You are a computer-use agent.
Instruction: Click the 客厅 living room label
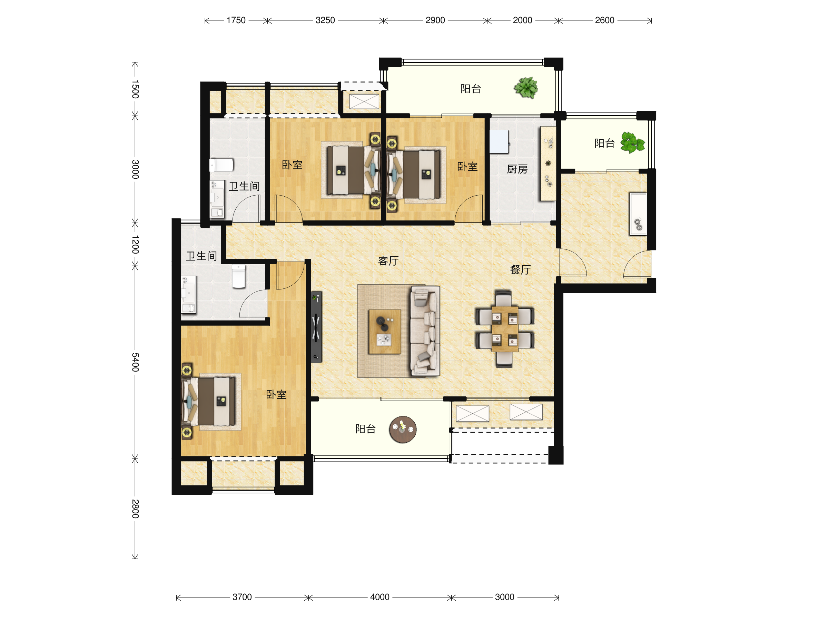coord(388,261)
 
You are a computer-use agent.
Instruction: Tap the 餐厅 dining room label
coord(520,269)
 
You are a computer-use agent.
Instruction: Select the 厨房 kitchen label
coord(517,169)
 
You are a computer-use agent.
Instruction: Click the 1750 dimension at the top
coord(236,20)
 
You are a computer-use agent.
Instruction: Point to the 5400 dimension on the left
coord(135,362)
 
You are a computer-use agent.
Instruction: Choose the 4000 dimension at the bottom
coord(379,597)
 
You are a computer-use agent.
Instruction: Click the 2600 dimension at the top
coord(604,20)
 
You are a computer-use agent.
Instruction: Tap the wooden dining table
coord(505,329)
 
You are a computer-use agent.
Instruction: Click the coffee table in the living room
coord(384,332)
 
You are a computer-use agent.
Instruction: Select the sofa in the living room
coord(425,331)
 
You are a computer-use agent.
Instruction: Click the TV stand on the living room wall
coord(316,327)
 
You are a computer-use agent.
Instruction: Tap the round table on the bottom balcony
coord(403,429)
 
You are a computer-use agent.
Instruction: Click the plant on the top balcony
coord(526,88)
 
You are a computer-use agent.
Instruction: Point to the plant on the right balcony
coord(633,142)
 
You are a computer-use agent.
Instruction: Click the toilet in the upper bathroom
coord(221,165)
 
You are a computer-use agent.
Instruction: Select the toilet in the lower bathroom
coord(238,276)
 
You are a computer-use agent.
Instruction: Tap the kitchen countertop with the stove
coord(548,164)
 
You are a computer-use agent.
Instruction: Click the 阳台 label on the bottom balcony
coord(365,429)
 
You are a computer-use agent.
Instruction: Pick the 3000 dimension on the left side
coord(135,169)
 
